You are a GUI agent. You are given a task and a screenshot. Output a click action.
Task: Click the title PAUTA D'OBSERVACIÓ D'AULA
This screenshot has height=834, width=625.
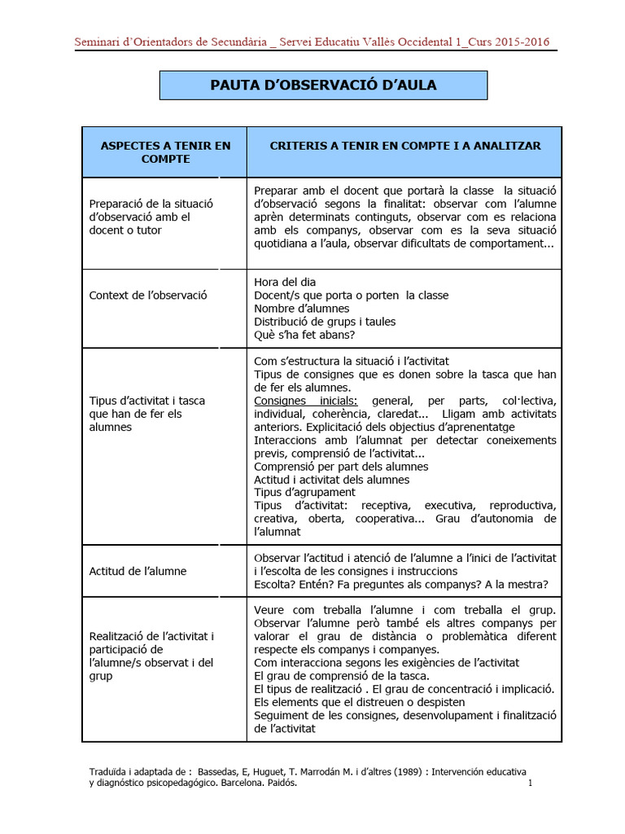coord(323,85)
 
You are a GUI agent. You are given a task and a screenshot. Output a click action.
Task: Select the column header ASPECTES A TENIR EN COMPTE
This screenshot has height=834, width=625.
coord(164,151)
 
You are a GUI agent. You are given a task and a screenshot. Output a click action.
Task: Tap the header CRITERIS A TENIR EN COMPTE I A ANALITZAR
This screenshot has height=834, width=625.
coord(404,145)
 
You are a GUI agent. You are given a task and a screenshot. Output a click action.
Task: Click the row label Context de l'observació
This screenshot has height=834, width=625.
coord(148,295)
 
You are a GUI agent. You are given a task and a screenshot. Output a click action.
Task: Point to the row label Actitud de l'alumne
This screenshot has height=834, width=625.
coord(138,571)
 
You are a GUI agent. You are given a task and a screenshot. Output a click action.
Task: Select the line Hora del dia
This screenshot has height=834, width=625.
coord(285,282)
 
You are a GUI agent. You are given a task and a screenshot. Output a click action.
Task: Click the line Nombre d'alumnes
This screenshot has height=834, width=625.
coord(302,308)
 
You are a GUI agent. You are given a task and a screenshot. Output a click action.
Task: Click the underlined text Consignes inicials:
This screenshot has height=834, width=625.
coord(306,401)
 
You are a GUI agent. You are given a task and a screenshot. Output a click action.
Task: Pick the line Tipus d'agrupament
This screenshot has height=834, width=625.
coord(304,492)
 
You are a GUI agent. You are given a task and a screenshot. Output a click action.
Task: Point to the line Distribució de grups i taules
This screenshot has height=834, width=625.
coord(325,321)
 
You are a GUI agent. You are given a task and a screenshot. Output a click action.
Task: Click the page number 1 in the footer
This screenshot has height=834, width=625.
coord(530,784)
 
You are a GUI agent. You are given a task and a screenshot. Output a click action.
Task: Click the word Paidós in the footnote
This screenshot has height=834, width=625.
coord(278,783)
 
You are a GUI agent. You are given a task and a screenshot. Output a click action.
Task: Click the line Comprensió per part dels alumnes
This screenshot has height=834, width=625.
coord(341,467)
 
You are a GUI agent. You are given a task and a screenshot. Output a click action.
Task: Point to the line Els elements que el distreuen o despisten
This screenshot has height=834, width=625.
coord(360,701)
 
